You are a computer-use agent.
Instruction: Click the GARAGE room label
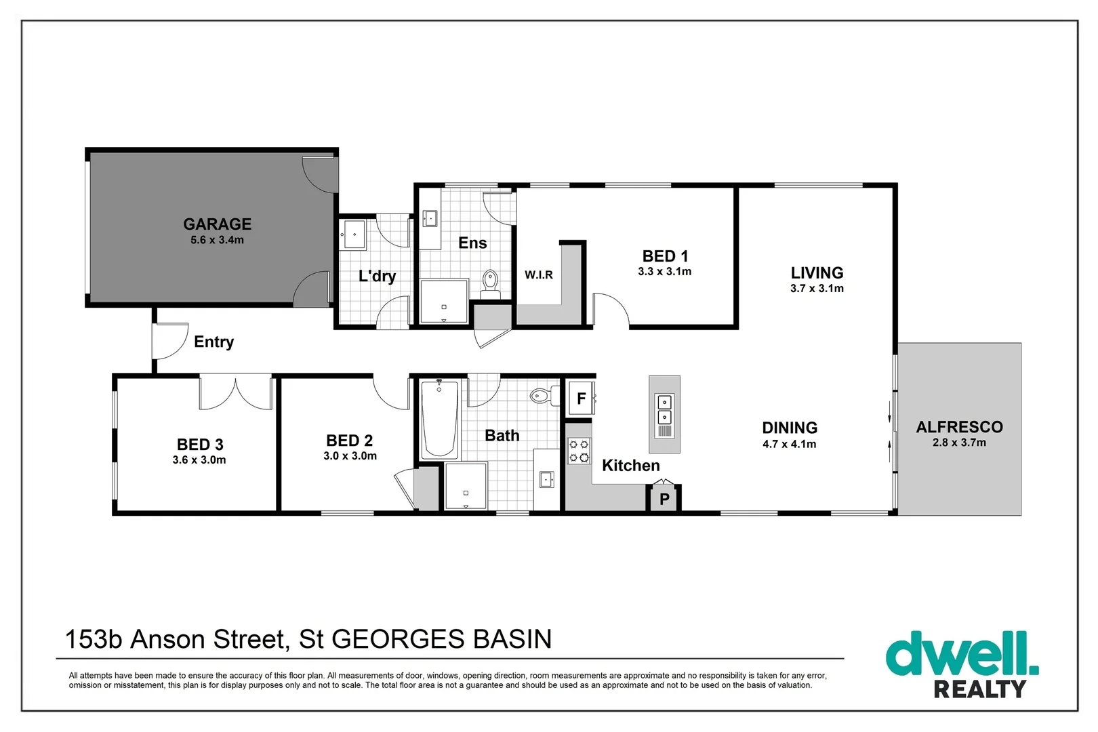click(x=217, y=224)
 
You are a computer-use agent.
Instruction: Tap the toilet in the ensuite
click(x=490, y=283)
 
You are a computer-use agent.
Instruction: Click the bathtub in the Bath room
click(x=439, y=420)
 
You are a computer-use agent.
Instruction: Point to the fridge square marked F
click(x=580, y=399)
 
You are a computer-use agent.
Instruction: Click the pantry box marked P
click(x=664, y=499)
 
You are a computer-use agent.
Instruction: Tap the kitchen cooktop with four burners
click(x=579, y=451)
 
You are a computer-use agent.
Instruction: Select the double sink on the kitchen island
click(x=664, y=409)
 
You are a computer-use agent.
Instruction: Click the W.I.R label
click(x=539, y=274)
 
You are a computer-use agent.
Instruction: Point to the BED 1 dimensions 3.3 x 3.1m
click(x=664, y=272)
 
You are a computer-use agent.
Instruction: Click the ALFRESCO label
click(x=959, y=427)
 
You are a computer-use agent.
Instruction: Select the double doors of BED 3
click(x=235, y=393)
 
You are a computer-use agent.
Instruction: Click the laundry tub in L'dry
click(x=354, y=235)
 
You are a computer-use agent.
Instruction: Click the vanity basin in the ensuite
click(x=430, y=219)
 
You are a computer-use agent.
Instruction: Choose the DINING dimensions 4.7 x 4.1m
click(x=790, y=445)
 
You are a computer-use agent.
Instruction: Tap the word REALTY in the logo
click(x=979, y=689)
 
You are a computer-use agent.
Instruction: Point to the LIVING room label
click(x=817, y=272)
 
